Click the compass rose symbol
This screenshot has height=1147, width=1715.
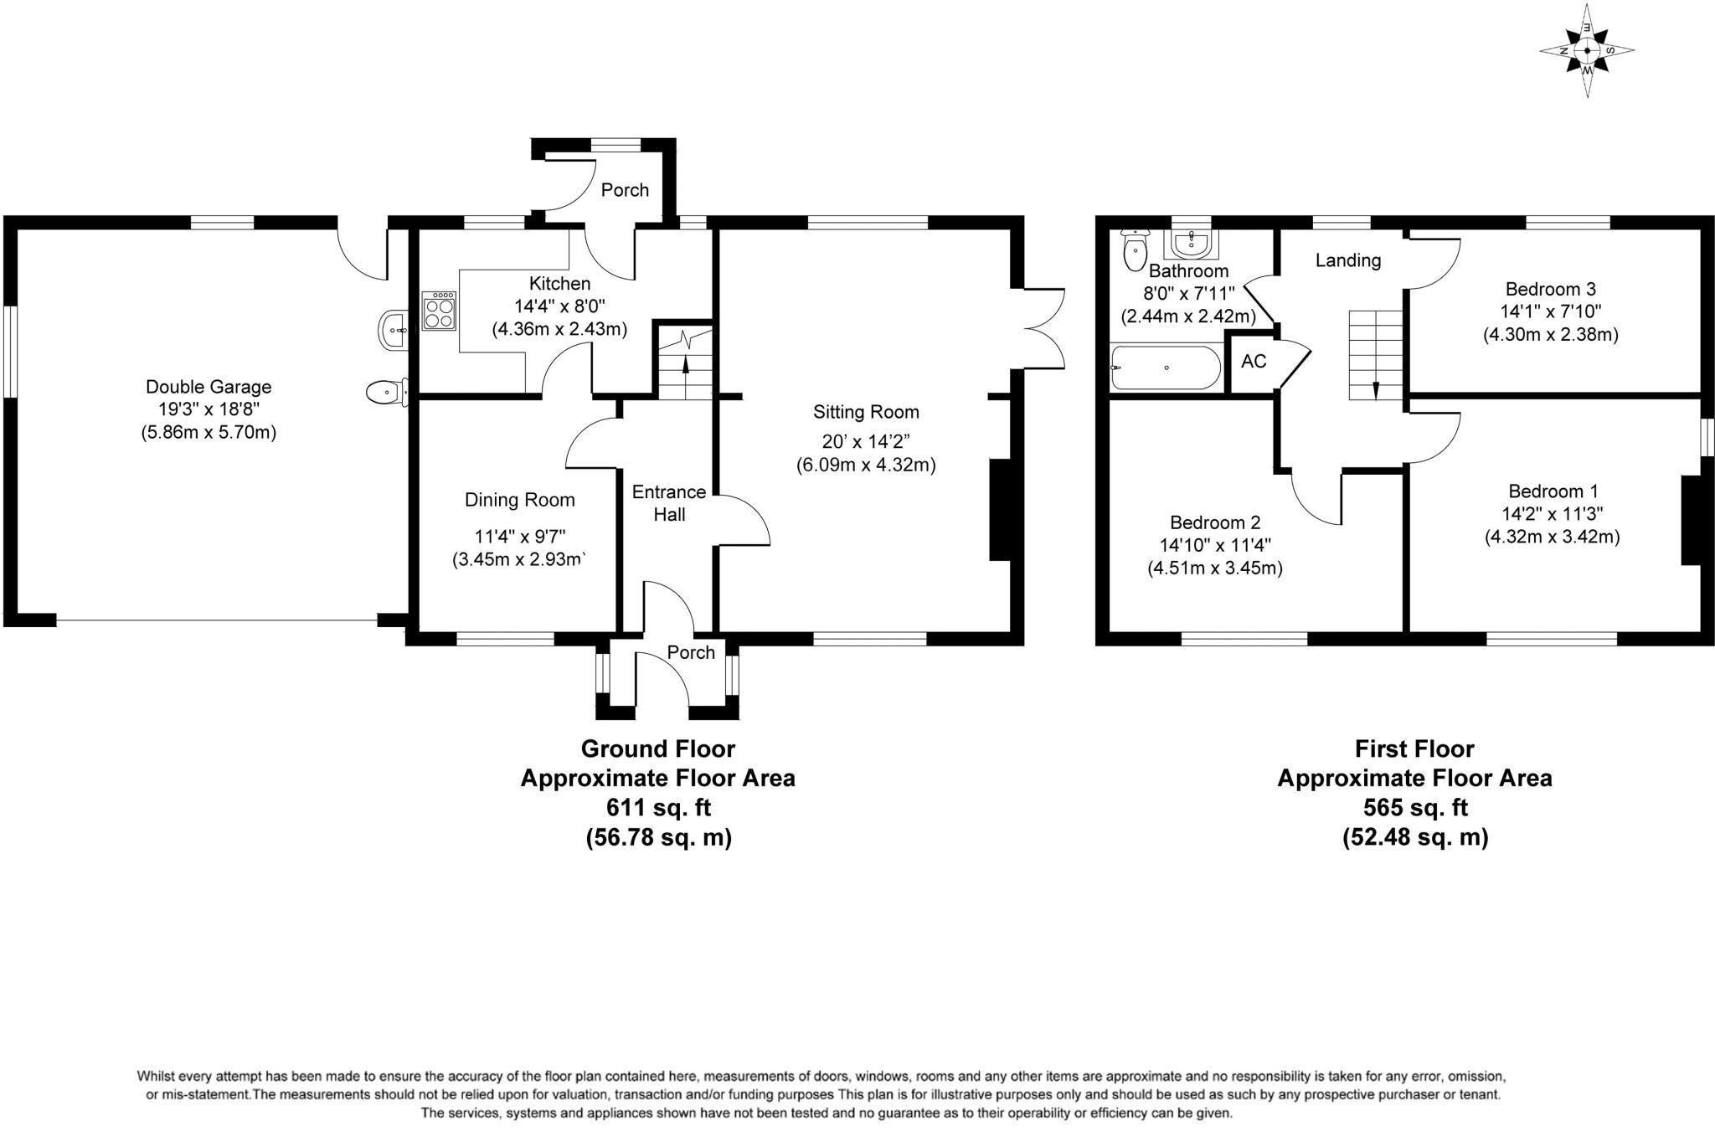click(1587, 51)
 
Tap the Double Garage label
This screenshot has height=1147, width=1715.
click(209, 387)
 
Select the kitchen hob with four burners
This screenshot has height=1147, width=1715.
click(440, 311)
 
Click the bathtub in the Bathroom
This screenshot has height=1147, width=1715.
click(1165, 368)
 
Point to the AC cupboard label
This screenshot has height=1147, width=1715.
click(1254, 362)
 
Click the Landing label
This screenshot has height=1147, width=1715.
click(1347, 260)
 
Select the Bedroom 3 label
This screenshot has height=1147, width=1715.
click(1550, 290)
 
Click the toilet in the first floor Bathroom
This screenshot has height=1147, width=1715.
click(1135, 249)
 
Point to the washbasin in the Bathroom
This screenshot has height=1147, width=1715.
click(1191, 244)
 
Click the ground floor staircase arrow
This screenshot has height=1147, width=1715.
click(686, 365)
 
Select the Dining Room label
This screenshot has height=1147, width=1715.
click(519, 500)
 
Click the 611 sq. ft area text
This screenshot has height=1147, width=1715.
click(658, 808)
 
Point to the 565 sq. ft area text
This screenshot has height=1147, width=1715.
click(1414, 808)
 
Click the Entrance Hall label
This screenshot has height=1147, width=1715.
click(668, 503)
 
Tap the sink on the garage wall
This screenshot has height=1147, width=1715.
click(392, 330)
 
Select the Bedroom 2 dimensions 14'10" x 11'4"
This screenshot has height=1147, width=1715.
click(1214, 545)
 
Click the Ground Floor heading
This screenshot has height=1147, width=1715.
click(658, 748)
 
